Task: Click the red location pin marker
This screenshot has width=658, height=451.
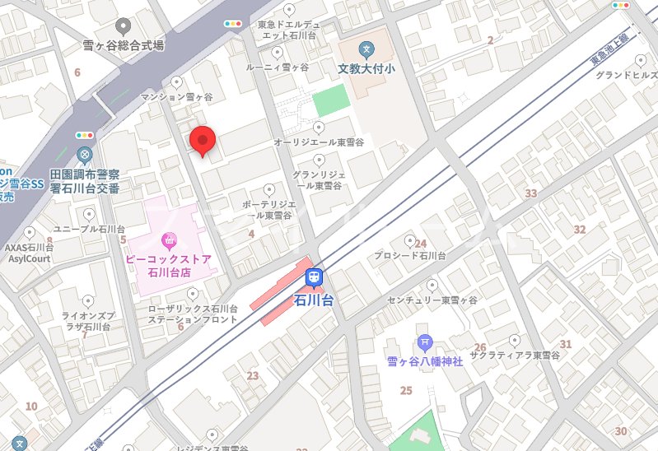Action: (202, 141)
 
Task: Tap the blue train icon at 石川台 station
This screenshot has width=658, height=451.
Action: (314, 278)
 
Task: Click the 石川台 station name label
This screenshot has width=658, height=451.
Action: (314, 300)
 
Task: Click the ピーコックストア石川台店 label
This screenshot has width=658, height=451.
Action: (169, 265)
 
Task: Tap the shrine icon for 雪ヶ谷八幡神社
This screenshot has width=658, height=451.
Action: (424, 342)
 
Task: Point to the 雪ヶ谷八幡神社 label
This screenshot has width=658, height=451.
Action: (425, 362)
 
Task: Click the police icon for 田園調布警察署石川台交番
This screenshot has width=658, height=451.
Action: (84, 154)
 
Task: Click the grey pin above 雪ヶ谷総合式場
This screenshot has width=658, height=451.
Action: (124, 26)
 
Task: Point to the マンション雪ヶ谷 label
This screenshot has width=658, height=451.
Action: (176, 97)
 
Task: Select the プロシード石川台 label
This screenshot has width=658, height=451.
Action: (408, 256)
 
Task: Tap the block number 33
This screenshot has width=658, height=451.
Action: (531, 193)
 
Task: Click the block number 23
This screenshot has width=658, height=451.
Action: (252, 376)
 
